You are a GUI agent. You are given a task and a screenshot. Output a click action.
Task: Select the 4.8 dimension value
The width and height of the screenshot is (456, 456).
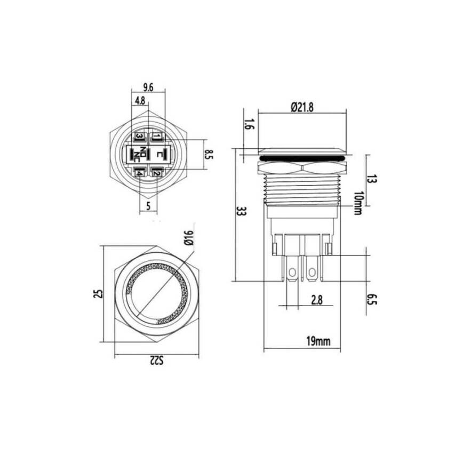click(140, 100)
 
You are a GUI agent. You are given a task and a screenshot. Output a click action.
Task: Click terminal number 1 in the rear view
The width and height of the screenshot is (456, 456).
click(156, 137)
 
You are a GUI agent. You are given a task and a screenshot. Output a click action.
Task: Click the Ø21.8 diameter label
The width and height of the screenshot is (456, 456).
click(302, 107)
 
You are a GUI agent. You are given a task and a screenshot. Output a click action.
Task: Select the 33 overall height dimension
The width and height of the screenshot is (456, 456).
click(241, 212)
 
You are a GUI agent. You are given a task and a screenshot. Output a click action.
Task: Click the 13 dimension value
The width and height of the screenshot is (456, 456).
click(372, 179)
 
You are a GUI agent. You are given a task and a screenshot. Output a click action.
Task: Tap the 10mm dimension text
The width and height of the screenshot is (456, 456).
click(358, 203)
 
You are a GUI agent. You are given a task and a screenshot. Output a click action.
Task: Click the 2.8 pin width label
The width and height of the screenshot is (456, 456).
click(317, 301)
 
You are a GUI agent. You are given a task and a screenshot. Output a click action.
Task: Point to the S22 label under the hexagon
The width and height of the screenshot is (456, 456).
click(155, 362)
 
